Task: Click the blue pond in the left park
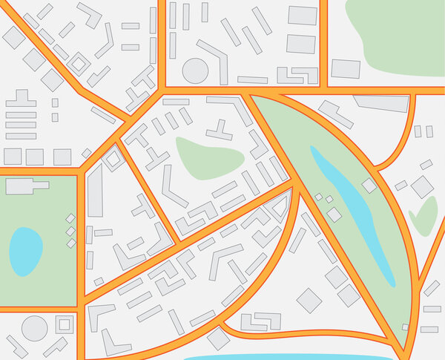coord(26,251)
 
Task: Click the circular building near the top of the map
coord(194,71)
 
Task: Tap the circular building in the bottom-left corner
coord(33,327)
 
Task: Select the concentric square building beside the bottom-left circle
coord(64,324)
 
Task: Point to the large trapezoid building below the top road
coord(381,103)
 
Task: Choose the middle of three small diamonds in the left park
coord(71,231)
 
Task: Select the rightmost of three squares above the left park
coord(62,157)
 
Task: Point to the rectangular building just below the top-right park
coord(346,69)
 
